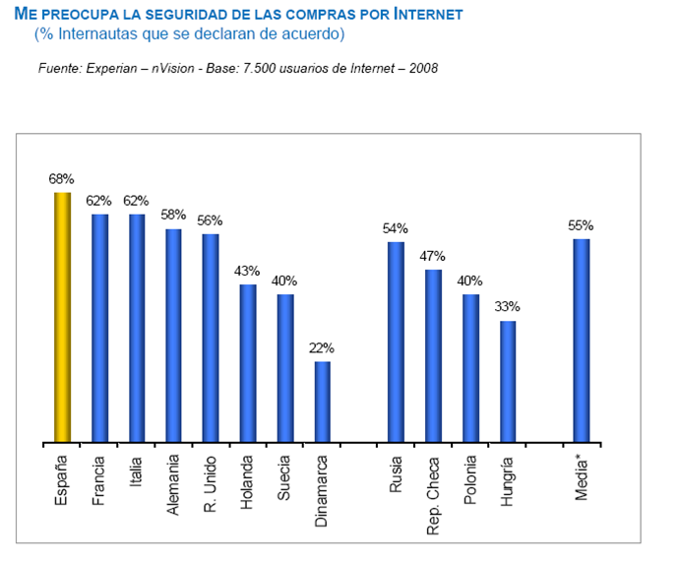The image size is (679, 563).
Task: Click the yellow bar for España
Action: pos(62,317)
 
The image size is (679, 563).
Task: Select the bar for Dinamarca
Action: pos(322,402)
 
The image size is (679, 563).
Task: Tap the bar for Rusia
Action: pos(396,342)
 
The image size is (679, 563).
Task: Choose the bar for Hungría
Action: pos(507,381)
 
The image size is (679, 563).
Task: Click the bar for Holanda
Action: pos(248,363)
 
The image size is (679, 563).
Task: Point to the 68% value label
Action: pos(62,179)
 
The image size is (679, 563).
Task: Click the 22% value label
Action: pos(322,348)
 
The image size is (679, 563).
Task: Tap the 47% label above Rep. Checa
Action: pos(433,256)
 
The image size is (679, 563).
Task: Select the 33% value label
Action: pos(507,307)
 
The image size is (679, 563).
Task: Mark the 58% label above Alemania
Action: pos(173,216)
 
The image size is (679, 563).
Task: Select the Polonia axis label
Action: pos(470,480)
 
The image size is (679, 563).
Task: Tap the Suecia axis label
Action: pos(284,478)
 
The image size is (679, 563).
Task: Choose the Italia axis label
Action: pos(136,471)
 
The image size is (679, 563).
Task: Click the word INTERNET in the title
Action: pos(422,16)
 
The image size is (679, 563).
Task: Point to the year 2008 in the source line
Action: pos(422,69)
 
